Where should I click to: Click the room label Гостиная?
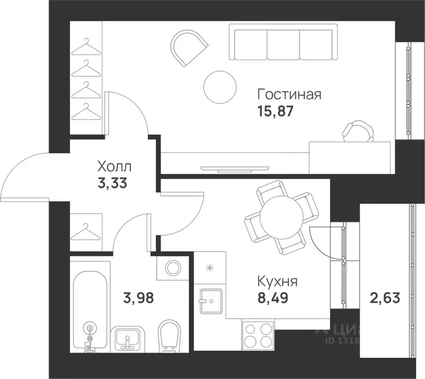coord(290,94)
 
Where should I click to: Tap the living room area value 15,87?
coord(275,111)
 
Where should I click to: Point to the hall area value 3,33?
coord(113,184)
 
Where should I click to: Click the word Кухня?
coord(277,282)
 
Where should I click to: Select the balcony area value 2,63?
coord(384,298)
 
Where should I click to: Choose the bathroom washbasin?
coord(128,339)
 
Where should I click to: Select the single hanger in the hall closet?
coord(86,230)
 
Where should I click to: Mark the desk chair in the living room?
coord(357,131)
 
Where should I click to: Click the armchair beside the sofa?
coord(188,48)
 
